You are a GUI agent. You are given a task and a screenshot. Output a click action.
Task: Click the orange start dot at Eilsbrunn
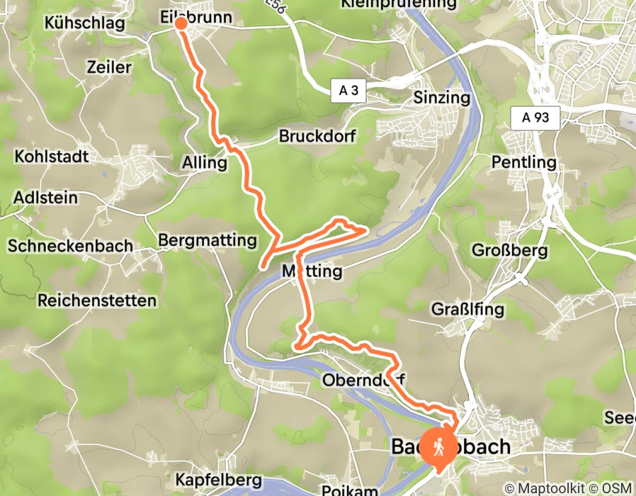pos(181,23)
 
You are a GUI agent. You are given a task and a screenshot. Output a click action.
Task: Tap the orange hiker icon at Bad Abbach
pos(438,447)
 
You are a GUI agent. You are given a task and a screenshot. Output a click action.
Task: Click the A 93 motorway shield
pos(536,118)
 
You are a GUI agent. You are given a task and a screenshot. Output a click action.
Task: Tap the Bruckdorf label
pos(317,135)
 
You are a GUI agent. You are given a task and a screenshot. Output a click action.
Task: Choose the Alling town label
pos(205,163)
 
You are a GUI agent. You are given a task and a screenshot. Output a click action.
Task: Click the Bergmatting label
pos(208,241)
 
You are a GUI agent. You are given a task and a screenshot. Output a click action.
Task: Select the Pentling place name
pos(524,162)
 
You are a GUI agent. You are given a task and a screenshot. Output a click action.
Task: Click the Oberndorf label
pos(363,381)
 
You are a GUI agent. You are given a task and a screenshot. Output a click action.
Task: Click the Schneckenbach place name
pos(70,246)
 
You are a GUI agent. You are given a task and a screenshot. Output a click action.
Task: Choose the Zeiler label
pos(109,67)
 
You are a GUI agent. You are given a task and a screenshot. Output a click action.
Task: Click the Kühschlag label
pos(84,23)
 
